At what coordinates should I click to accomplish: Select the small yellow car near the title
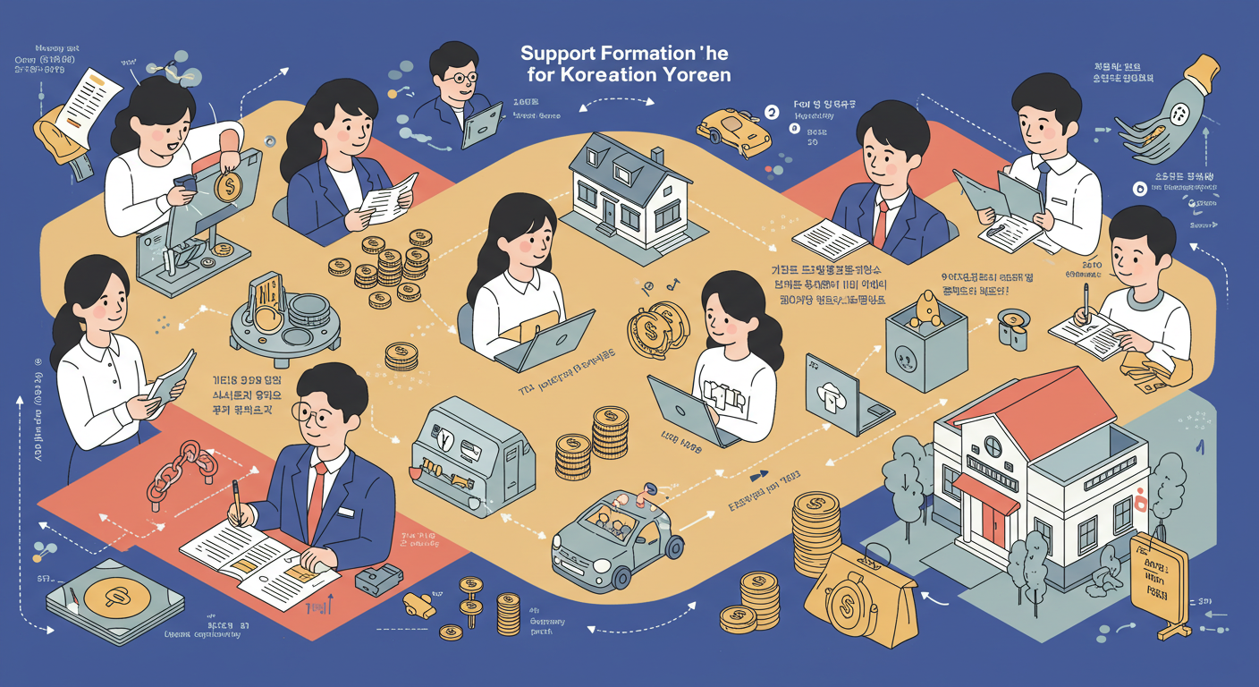click(734, 130)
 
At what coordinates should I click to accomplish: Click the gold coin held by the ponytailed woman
click(227, 186)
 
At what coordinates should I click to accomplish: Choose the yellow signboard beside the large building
click(1158, 581)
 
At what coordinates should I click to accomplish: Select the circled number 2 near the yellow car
click(772, 113)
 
